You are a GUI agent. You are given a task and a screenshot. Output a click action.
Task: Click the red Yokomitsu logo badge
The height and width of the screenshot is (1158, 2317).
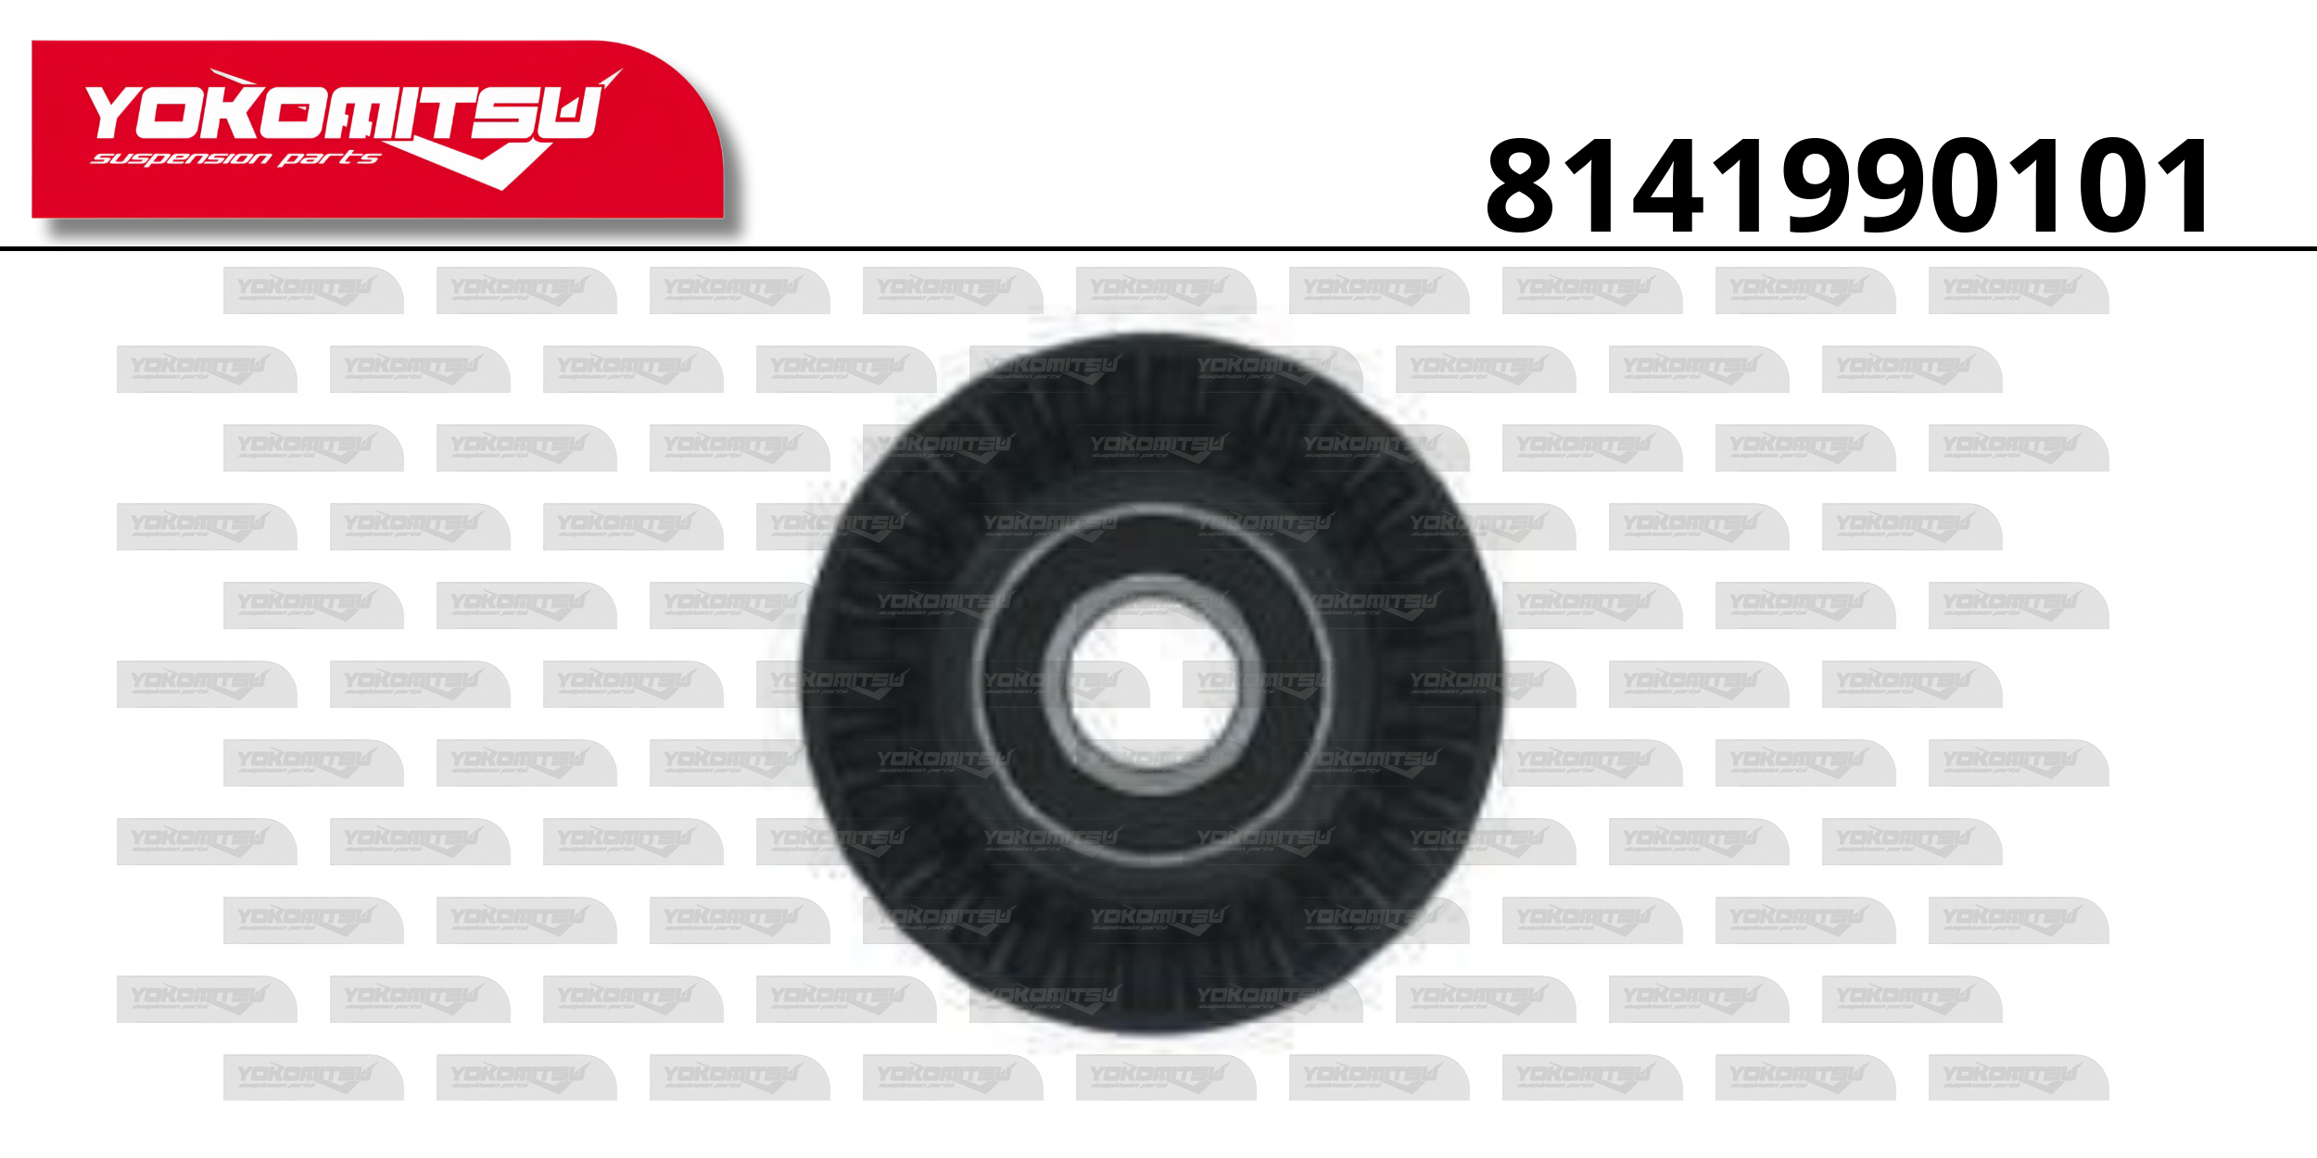pyautogui.click(x=377, y=129)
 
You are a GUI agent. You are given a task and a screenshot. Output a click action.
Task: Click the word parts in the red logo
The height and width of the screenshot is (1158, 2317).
pyautogui.click(x=330, y=158)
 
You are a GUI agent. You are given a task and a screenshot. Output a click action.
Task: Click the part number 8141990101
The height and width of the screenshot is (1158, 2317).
pyautogui.click(x=1848, y=185)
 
